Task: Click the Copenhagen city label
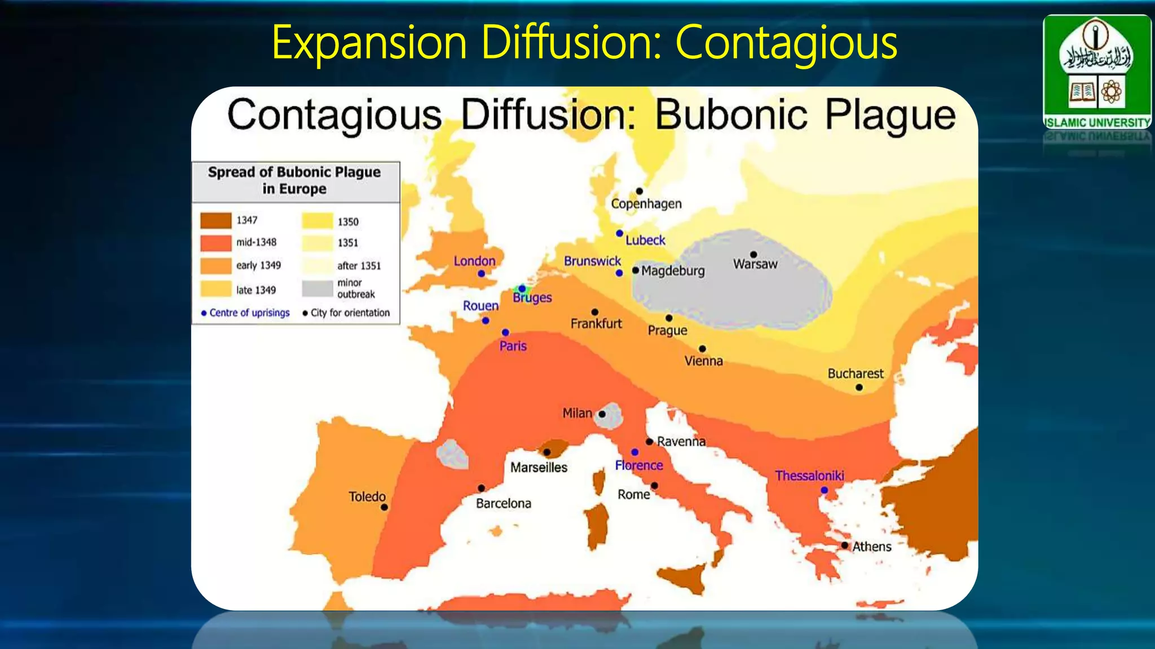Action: pyautogui.click(x=646, y=204)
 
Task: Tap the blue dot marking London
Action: pyautogui.click(x=481, y=274)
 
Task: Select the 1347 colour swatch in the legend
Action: pyautogui.click(x=215, y=220)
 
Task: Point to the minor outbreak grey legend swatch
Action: pyautogui.click(x=317, y=288)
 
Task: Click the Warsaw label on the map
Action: pyautogui.click(x=755, y=264)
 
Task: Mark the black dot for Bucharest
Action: pyautogui.click(x=859, y=388)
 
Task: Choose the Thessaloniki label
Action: pyautogui.click(x=809, y=476)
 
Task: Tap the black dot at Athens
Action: pyautogui.click(x=844, y=545)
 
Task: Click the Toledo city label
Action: pyautogui.click(x=367, y=497)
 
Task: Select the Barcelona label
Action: pyautogui.click(x=504, y=504)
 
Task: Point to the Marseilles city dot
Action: pyautogui.click(x=546, y=452)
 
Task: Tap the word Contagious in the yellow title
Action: pyautogui.click(x=786, y=43)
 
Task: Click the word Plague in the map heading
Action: pyautogui.click(x=891, y=115)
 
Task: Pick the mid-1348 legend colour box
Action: pyautogui.click(x=215, y=243)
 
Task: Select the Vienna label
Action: pyautogui.click(x=704, y=361)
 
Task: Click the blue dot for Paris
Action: pyautogui.click(x=505, y=332)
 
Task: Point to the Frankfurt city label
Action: pyautogui.click(x=596, y=324)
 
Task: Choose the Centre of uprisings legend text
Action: pyautogui.click(x=249, y=313)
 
